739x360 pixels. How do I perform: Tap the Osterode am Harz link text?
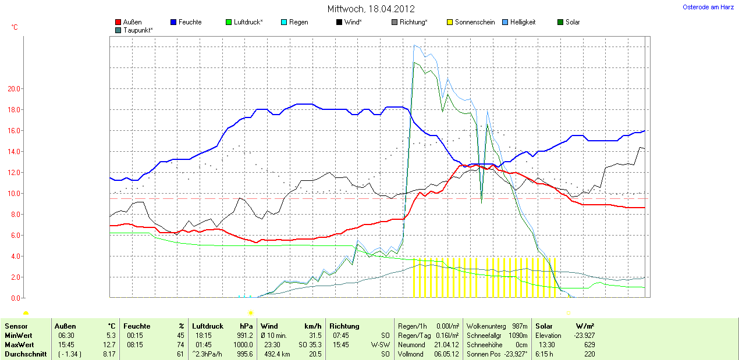[x=708, y=7]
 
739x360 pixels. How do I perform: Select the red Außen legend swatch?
[x=119, y=22]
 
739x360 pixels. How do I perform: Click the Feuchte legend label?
[x=190, y=22]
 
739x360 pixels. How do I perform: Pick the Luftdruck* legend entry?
[x=248, y=22]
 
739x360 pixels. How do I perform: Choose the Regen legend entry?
[x=299, y=22]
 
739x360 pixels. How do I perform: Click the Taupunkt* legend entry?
[x=138, y=30]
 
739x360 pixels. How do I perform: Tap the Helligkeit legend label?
[x=523, y=22]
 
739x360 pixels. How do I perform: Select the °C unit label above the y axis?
[x=15, y=27]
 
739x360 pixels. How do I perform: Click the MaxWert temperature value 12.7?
[x=110, y=345]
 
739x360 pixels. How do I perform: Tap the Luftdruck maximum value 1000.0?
[x=243, y=345]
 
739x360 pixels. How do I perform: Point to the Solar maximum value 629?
[x=589, y=345]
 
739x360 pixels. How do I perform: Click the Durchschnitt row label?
[x=26, y=354]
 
